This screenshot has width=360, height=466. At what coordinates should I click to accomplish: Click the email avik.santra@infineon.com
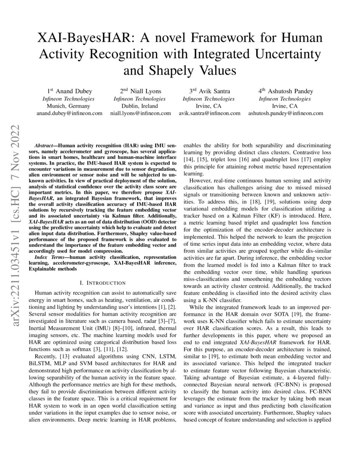tap(209, 114)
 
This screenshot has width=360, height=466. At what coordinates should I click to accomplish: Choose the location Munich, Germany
tap(69, 106)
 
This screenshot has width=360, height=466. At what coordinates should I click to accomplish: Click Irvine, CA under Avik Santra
tap(209, 106)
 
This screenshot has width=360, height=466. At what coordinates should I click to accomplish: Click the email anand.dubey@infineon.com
tap(69, 114)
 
